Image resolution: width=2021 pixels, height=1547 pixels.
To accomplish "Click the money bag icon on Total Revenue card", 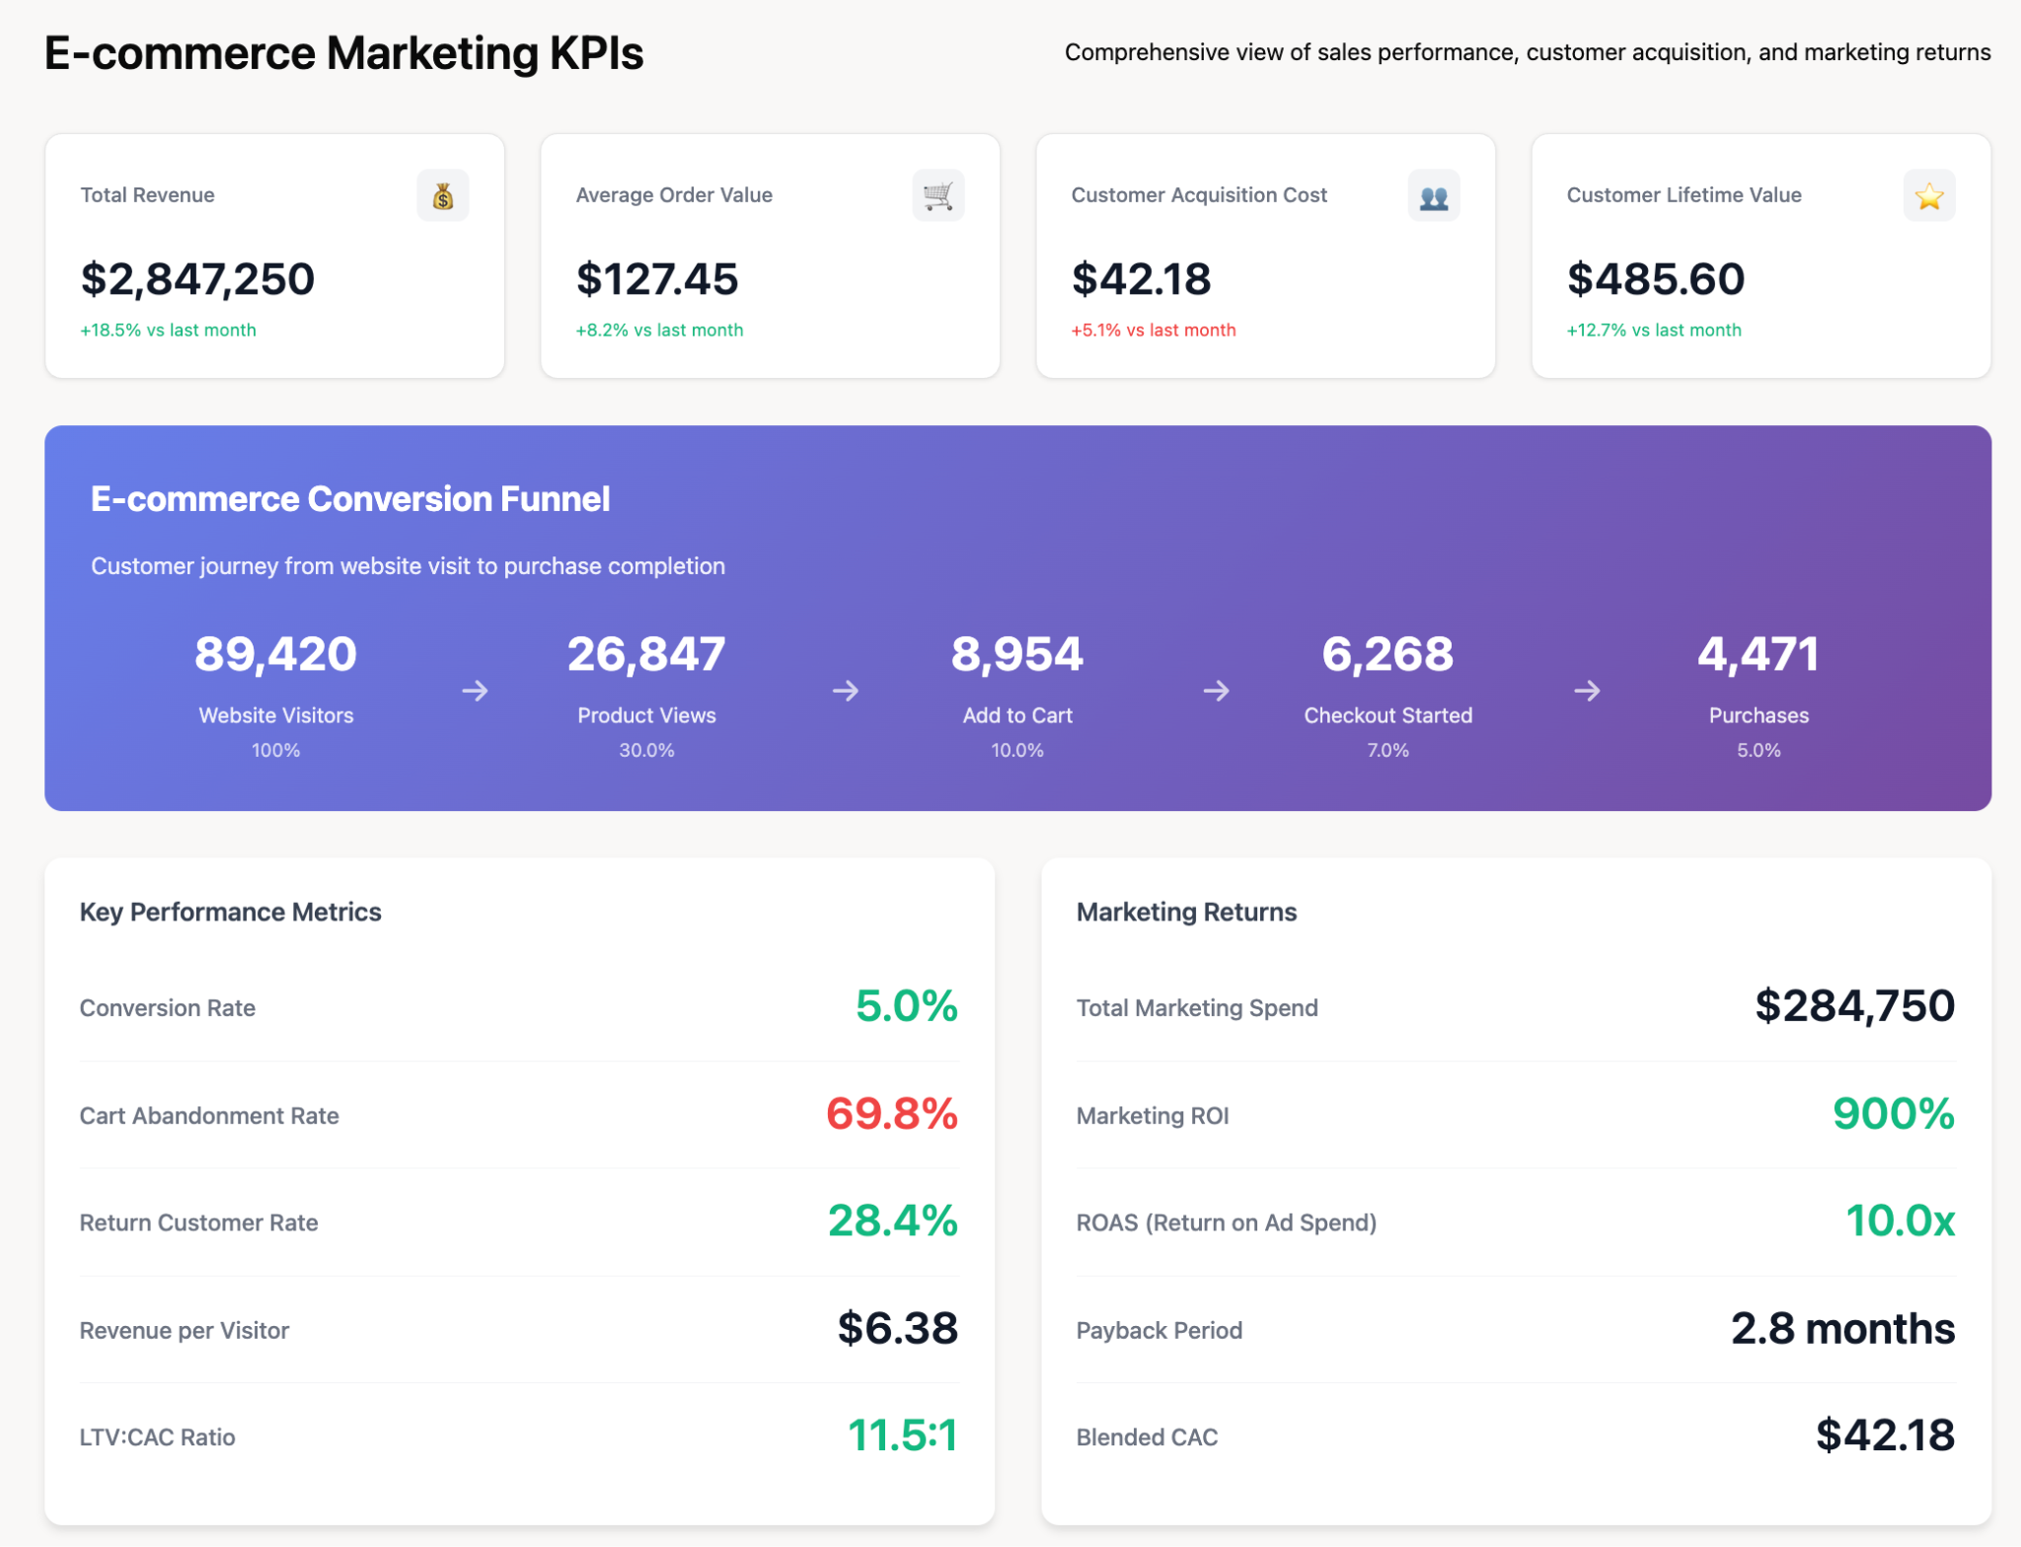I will coord(442,195).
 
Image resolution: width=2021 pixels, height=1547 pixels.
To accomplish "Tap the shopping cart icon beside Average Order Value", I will coord(937,195).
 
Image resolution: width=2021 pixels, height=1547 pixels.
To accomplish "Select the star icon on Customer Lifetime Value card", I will coord(1928,195).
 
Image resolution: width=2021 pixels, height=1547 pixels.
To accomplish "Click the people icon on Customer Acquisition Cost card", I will coord(1433,195).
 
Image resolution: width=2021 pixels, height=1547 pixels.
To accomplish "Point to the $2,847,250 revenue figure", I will coord(197,279).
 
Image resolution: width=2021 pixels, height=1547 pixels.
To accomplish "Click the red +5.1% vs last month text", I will coord(1153,331).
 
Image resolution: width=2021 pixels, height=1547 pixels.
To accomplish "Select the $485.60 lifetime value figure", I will coord(1655,279).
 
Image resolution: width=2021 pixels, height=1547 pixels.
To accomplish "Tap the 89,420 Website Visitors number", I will coord(275,654).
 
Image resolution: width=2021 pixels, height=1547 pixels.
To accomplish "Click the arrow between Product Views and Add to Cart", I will coord(846,691).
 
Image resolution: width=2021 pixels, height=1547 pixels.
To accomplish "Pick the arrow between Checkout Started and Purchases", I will coord(1587,691).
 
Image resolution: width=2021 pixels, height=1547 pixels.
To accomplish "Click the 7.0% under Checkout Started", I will coord(1387,751).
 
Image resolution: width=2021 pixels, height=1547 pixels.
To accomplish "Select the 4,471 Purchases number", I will coord(1758,654).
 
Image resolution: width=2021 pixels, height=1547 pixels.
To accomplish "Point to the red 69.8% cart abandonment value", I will coord(891,1114).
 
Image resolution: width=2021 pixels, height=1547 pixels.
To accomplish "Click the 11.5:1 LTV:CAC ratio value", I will coord(902,1436).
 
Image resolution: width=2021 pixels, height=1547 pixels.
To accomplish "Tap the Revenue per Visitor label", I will coord(185,1330).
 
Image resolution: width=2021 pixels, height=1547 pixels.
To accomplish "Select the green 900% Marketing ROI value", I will coord(1893,1114).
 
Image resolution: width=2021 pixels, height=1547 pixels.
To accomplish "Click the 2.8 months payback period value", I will coord(1842,1329).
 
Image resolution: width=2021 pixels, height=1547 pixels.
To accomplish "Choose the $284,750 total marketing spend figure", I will coord(1854,1006).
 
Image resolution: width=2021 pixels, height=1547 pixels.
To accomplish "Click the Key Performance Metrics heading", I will coord(230,912).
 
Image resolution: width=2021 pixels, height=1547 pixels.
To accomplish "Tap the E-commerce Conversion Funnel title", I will coord(350,499).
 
